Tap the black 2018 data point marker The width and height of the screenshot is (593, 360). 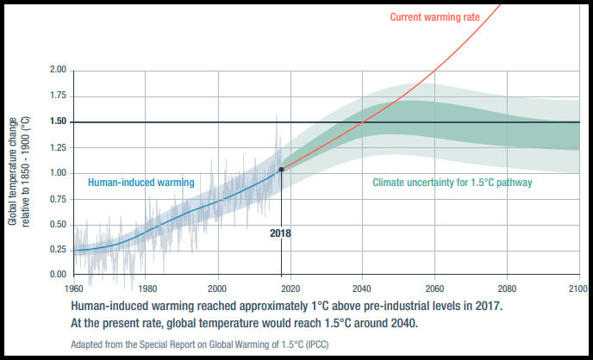tap(281, 169)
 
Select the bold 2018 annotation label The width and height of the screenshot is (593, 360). tap(281, 233)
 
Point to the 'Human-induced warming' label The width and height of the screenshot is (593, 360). tap(141, 183)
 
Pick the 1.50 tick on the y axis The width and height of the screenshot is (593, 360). tap(59, 122)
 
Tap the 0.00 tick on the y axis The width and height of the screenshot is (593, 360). tap(59, 275)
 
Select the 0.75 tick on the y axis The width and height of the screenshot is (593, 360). tap(59, 199)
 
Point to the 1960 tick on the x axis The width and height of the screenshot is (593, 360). tap(74, 289)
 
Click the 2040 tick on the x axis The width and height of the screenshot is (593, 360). tap(362, 289)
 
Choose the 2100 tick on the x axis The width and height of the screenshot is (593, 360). tap(579, 289)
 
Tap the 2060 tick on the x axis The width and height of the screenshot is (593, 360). tap(434, 289)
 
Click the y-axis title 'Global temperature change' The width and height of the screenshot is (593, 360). tap(14, 173)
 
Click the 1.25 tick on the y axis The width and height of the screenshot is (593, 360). tap(59, 148)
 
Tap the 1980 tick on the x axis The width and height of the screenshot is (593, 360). tap(146, 289)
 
